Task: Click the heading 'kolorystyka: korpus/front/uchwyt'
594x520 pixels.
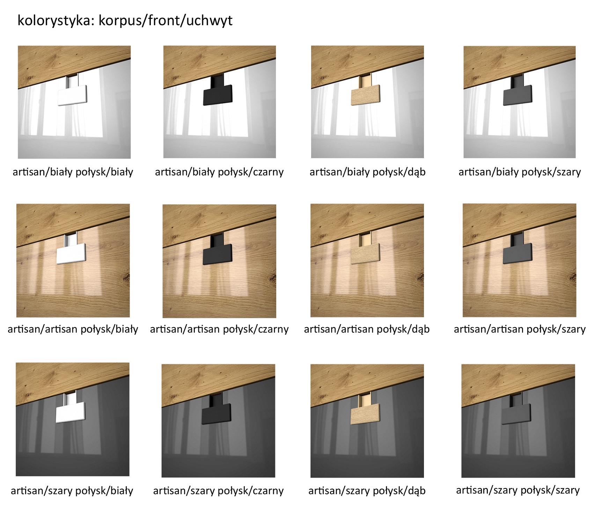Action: (x=125, y=21)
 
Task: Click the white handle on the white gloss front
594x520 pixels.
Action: (x=72, y=95)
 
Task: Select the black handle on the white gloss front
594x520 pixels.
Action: (x=218, y=94)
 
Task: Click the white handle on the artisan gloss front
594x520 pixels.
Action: (x=71, y=253)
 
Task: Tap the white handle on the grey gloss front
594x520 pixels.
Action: (x=71, y=411)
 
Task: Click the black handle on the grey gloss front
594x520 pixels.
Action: (x=217, y=413)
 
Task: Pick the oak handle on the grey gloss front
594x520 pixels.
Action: (x=365, y=413)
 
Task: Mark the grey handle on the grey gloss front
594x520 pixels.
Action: (x=516, y=413)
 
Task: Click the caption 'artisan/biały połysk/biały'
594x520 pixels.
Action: (x=73, y=172)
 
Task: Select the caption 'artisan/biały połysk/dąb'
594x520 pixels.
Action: (x=367, y=172)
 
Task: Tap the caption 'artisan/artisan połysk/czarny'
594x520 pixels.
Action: (x=219, y=329)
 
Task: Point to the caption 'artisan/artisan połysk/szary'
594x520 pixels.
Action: (x=520, y=329)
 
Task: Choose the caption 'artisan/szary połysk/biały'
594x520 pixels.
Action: (x=72, y=491)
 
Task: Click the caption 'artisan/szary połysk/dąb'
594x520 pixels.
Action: (x=367, y=491)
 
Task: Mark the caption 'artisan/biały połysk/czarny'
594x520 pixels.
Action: (x=219, y=172)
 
